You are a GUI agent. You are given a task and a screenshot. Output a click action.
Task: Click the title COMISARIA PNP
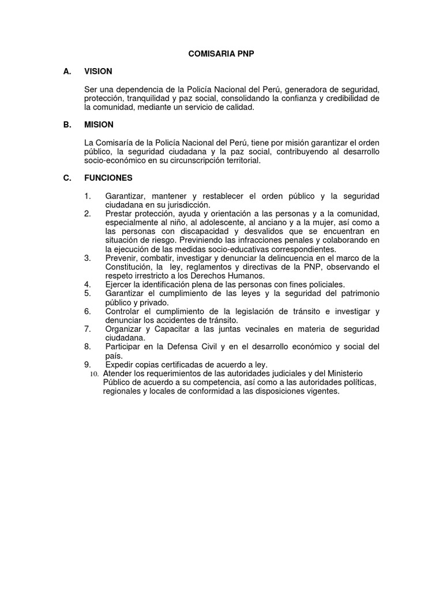click(x=221, y=54)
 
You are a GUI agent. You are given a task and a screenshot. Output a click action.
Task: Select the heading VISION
click(x=98, y=72)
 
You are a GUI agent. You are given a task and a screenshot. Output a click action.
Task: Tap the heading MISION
click(x=99, y=125)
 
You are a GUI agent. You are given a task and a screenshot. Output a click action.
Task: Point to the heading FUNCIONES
click(x=108, y=178)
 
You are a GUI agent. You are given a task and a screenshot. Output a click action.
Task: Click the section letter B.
click(x=67, y=125)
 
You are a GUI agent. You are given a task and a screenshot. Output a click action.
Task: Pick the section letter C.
click(x=67, y=178)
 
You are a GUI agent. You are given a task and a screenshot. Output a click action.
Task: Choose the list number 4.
click(x=87, y=285)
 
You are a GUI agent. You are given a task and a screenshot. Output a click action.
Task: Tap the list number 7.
click(x=87, y=329)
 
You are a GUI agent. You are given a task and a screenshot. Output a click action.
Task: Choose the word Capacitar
click(x=170, y=329)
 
